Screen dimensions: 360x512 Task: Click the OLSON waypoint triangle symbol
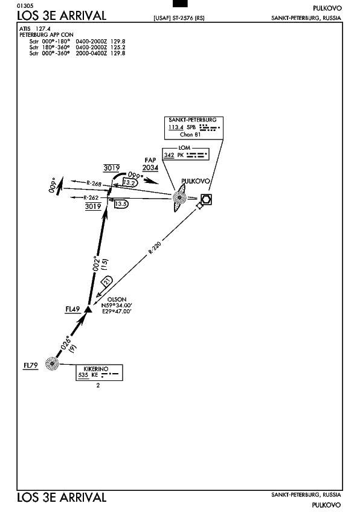[88, 309]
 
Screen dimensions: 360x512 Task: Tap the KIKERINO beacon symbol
[52, 363]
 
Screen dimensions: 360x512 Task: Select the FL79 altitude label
[31, 365]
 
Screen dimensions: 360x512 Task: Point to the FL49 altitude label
[72, 309]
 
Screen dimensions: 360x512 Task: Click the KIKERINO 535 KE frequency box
[99, 373]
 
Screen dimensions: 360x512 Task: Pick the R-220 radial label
[155, 248]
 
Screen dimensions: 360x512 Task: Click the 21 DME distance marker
[107, 281]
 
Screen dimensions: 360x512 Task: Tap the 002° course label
[95, 263]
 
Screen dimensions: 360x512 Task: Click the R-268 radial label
[94, 184]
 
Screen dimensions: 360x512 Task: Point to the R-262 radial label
[91, 197]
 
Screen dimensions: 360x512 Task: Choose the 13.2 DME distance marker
[129, 183]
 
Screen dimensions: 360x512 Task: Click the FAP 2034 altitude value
[150, 167]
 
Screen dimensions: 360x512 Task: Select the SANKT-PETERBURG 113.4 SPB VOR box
[194, 127]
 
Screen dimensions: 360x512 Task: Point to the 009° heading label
[53, 185]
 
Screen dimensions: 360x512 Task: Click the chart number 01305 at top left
[25, 5]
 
